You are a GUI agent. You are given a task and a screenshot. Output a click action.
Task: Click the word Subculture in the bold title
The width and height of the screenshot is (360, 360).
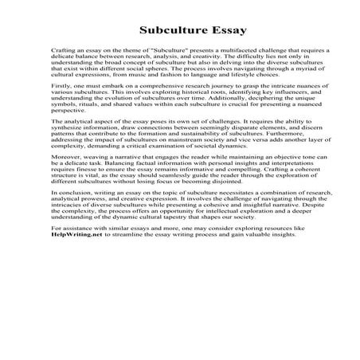pos(168,32)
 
